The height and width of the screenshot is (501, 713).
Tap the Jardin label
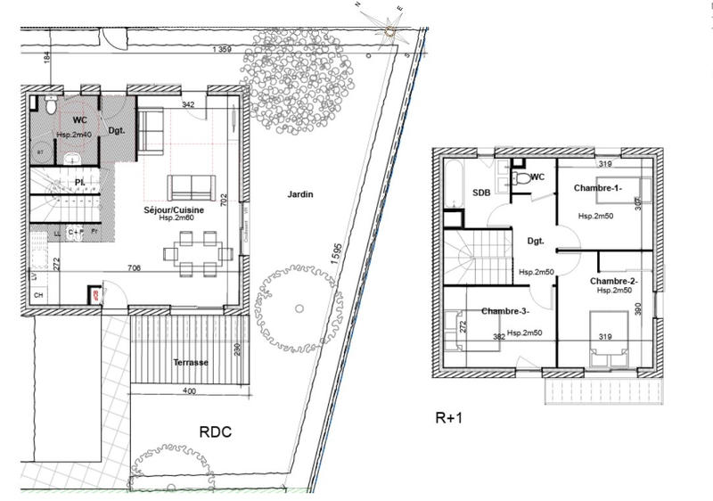pos(300,193)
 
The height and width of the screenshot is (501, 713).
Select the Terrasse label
pos(191,363)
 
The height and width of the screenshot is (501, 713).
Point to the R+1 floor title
pos(450,415)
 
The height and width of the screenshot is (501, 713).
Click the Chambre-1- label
pos(596,188)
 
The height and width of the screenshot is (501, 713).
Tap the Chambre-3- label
pos(505,311)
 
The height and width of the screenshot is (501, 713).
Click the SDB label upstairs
pos(480,193)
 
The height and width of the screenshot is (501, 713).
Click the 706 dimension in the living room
pos(135,267)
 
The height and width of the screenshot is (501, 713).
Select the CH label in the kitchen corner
pos(38,294)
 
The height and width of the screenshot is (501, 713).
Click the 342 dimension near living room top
pos(188,105)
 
